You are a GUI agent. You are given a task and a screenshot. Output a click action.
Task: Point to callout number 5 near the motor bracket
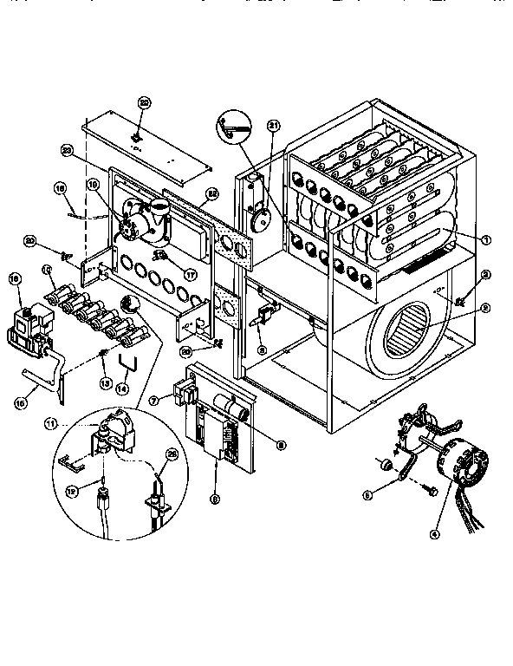click(367, 495)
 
